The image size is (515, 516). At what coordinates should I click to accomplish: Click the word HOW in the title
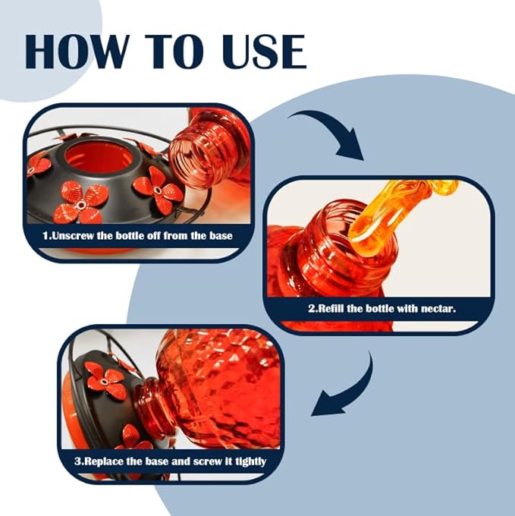(76, 52)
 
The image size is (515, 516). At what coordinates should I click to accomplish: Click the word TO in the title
(175, 52)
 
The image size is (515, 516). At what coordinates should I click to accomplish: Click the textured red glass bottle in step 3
(214, 389)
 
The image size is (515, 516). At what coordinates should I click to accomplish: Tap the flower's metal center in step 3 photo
(104, 382)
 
